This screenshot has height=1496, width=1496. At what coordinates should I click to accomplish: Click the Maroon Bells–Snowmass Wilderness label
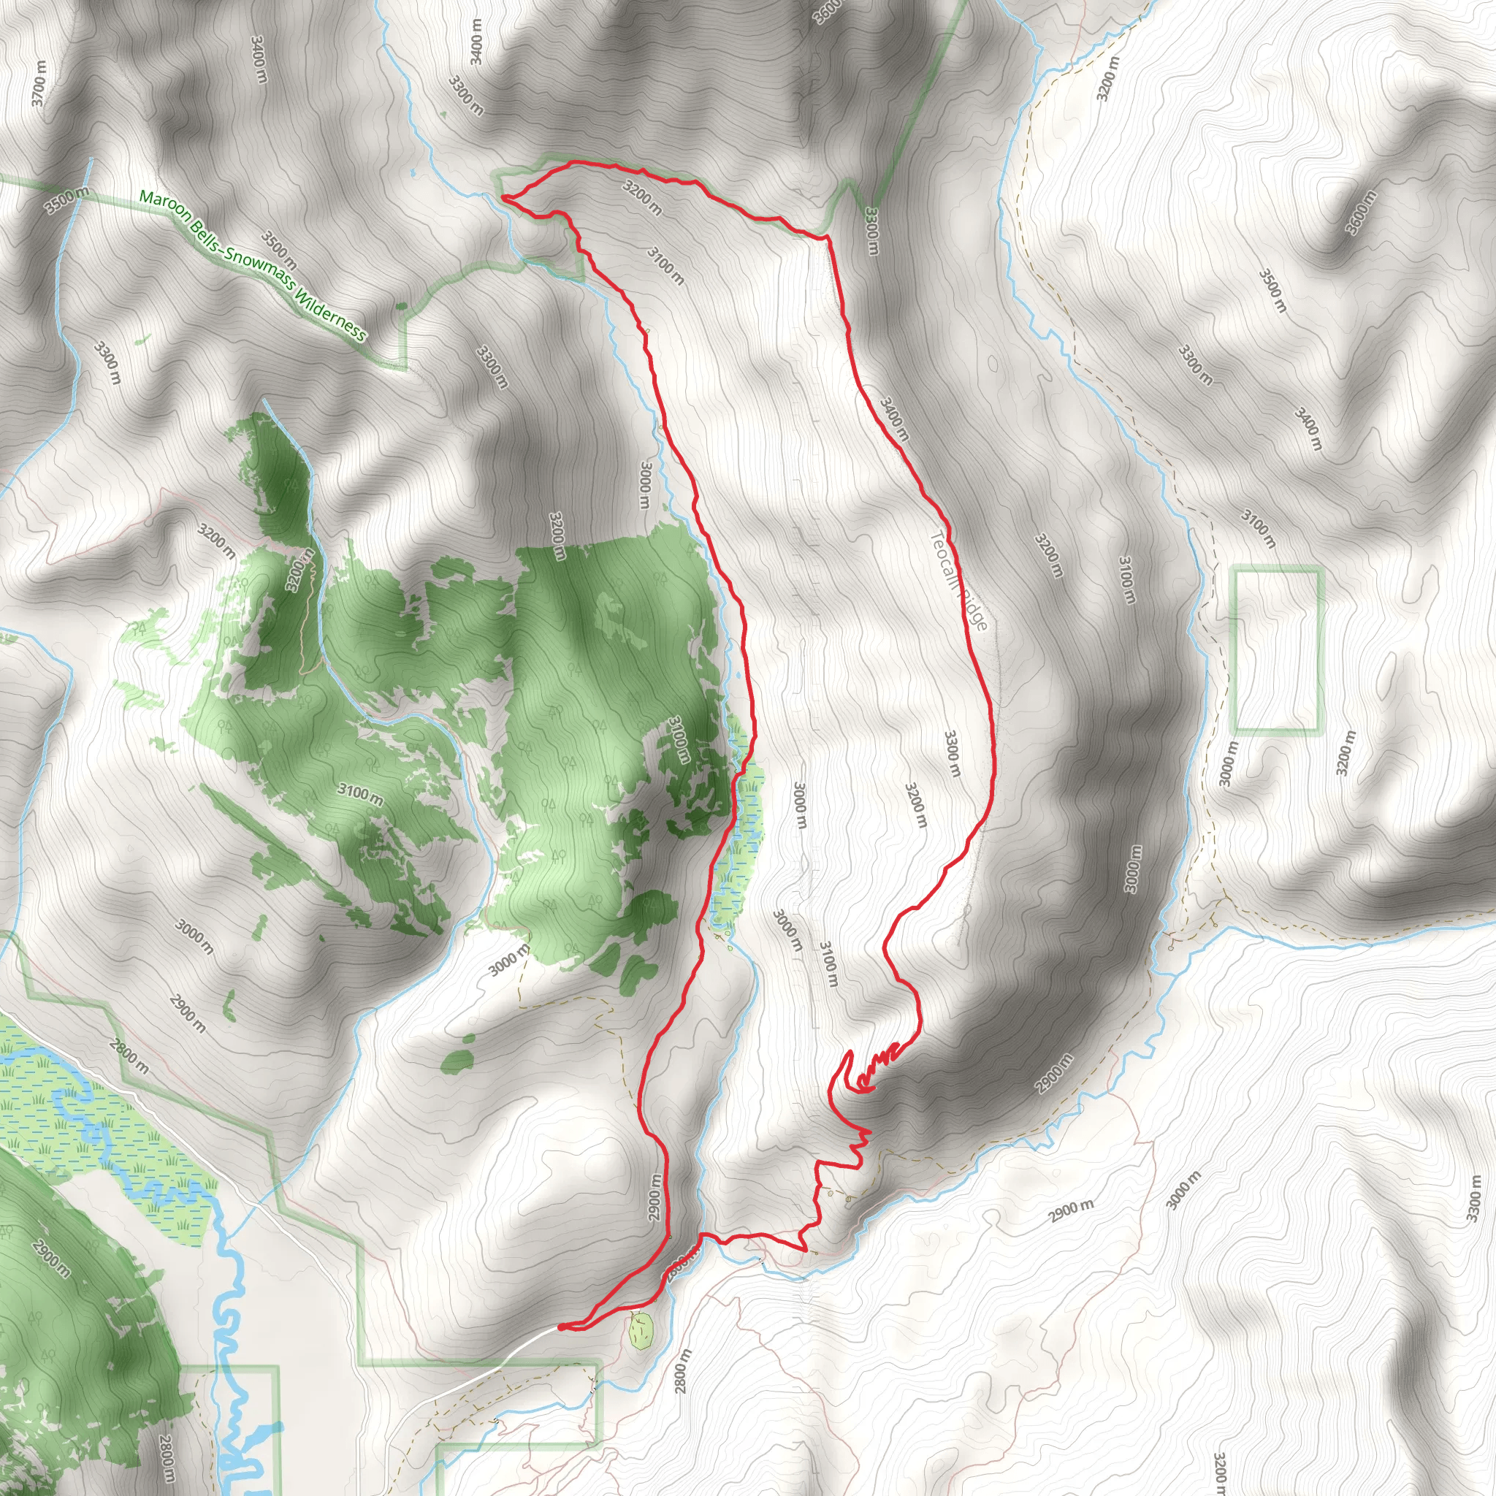[252, 265]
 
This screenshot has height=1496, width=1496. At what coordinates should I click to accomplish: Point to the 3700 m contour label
[39, 83]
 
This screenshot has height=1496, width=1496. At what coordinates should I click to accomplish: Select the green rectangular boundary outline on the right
[1276, 650]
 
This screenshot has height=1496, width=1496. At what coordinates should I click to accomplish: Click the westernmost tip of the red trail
[503, 198]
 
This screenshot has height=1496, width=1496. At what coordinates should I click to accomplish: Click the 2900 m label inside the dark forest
[51, 1259]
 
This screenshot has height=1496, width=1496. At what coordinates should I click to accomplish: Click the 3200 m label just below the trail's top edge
[642, 197]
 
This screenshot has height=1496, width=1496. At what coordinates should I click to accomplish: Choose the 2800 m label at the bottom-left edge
[166, 1459]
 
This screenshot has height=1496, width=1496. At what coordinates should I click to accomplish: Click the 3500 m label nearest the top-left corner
[66, 199]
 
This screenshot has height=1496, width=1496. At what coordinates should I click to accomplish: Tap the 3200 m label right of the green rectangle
[1346, 752]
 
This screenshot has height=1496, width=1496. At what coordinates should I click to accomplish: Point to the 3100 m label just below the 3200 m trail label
[665, 266]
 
